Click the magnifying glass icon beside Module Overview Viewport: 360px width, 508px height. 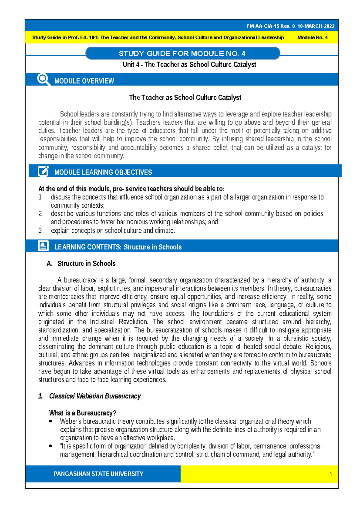pos(43,80)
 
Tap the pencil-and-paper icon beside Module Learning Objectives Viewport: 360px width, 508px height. pos(43,171)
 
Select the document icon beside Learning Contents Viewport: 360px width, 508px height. pos(43,246)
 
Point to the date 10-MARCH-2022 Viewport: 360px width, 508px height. pos(316,26)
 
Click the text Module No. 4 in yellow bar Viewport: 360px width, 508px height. pos(312,37)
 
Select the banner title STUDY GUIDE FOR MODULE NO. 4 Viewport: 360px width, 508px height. pos(182,54)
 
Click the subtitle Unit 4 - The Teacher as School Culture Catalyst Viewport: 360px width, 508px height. pos(189,64)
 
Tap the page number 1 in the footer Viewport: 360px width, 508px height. pos(331,474)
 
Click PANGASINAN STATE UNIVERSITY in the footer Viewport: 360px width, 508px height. pos(98,474)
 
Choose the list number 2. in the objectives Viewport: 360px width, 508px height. pos(40,214)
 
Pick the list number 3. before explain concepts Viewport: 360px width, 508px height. pos(40,231)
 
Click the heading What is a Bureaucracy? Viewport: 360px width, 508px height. pos(82,413)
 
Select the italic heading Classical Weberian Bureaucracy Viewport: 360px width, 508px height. pos(95,396)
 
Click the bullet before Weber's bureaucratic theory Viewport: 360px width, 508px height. pos(51,421)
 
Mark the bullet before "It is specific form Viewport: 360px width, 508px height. pos(51,446)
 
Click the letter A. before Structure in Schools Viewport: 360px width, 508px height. pos(49,264)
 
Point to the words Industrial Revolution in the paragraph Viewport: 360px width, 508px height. pos(118,322)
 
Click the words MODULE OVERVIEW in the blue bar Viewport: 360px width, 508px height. pos(84,81)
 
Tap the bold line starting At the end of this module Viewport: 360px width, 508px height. pos(131,189)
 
